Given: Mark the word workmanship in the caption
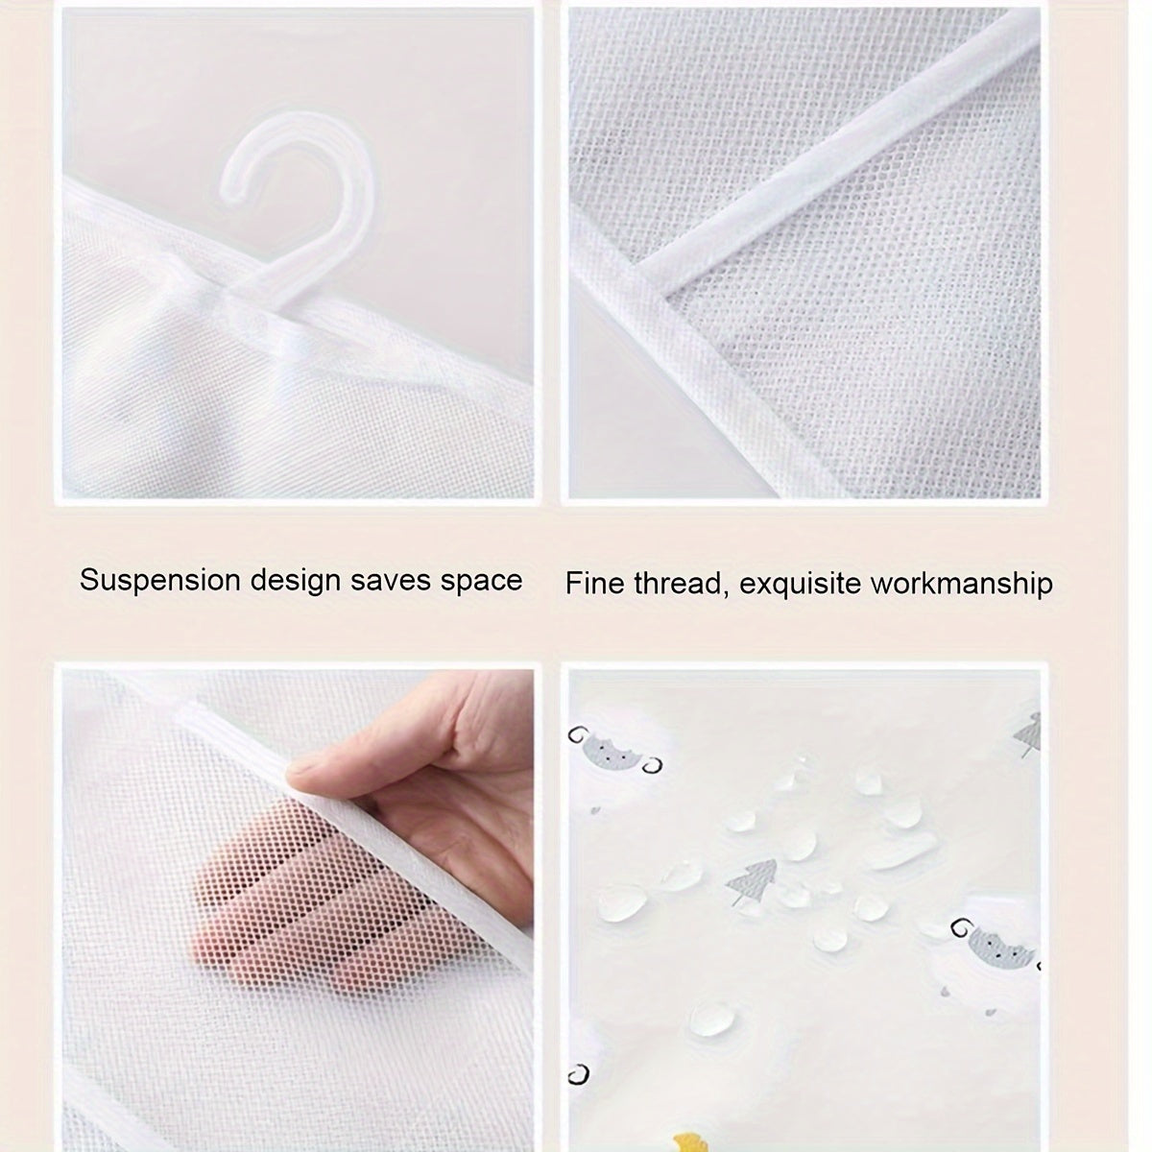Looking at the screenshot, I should pyautogui.click(x=963, y=583).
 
